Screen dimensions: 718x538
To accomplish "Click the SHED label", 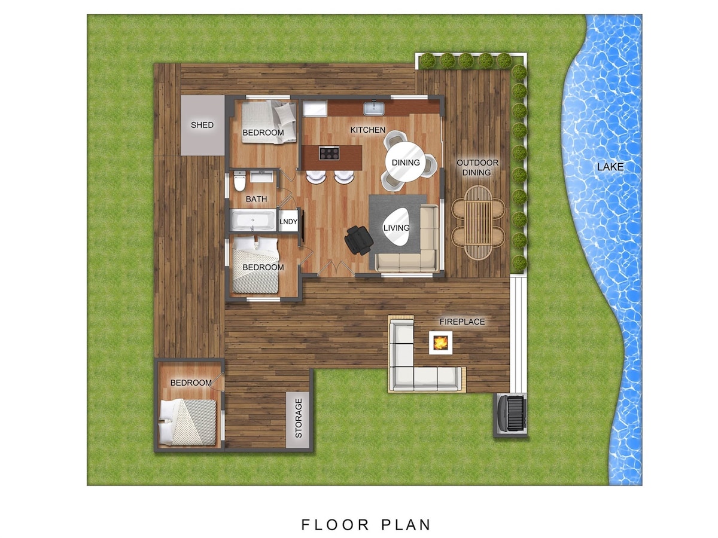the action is coord(202,125).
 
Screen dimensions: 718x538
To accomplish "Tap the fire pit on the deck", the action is coord(440,343).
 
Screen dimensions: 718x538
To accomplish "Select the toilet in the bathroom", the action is coord(239,182).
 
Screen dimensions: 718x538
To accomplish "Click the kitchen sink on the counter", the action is coord(373,108).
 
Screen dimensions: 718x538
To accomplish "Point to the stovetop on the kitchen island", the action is coord(329,153).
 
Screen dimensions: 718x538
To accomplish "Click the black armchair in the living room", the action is coord(359,240).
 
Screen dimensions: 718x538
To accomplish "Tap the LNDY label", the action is coord(288,221).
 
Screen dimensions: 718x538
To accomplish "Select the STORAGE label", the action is coord(299,418).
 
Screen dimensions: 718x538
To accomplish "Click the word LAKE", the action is coord(610,167).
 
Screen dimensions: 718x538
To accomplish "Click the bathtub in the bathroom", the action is coord(253,220).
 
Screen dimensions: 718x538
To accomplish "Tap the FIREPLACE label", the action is coord(462,322).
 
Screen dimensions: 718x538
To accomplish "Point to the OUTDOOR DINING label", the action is coord(477,167).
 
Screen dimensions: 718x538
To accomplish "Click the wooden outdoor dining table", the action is coord(478,223).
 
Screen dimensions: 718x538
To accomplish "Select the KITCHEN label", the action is coord(367,130).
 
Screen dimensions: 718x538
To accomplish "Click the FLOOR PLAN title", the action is coord(366,524).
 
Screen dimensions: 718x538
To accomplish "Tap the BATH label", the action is coord(256,199).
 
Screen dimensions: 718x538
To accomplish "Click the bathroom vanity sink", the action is coord(261,177).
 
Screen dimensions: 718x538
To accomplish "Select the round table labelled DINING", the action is coord(406,162).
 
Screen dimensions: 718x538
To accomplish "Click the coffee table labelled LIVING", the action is coord(397,227).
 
